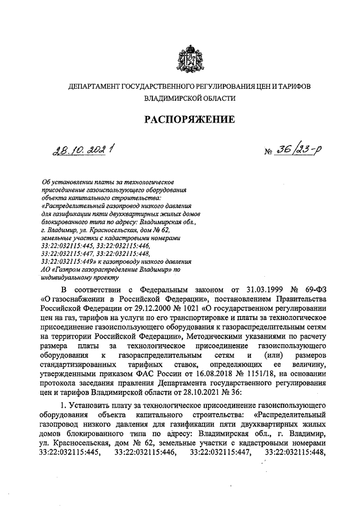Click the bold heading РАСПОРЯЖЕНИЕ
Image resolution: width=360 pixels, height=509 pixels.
coord(188,120)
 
